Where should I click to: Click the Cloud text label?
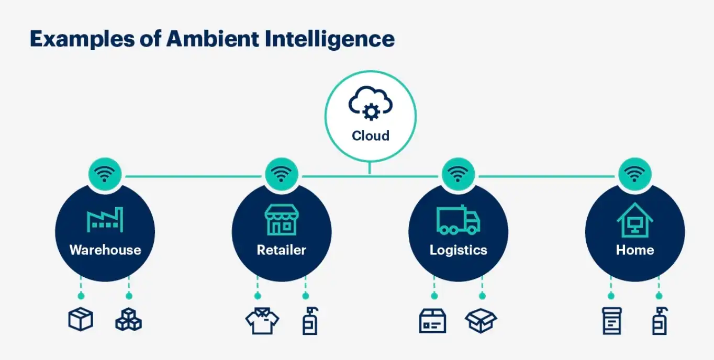tap(371, 136)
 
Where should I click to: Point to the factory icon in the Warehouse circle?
tap(105, 220)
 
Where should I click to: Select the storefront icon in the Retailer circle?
tap(281, 220)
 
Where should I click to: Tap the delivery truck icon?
tap(458, 220)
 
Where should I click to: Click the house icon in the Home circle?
tap(635, 220)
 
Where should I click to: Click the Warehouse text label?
tap(105, 250)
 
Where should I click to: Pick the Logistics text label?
tap(458, 250)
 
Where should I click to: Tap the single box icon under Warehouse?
tap(81, 319)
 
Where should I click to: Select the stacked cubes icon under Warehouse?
tap(129, 319)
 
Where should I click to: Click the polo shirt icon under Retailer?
tap(262, 320)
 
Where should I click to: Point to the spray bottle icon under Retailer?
tap(310, 320)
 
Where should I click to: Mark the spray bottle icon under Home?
tap(659, 320)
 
